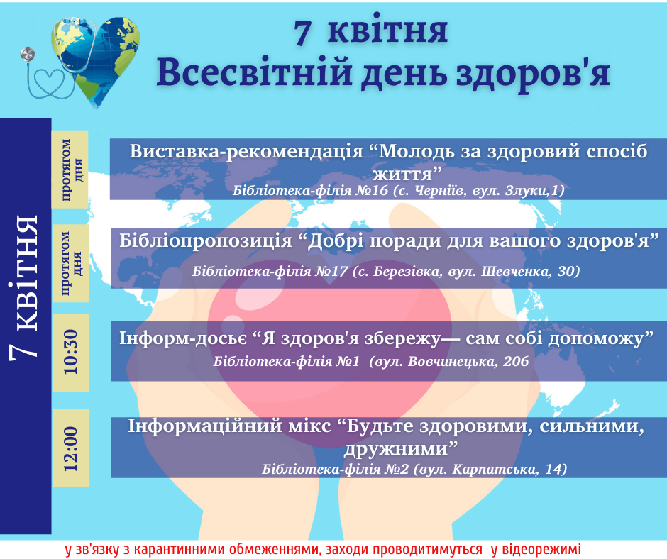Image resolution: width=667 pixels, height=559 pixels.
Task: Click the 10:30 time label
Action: [x=71, y=352]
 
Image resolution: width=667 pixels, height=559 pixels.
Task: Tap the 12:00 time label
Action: [x=71, y=448]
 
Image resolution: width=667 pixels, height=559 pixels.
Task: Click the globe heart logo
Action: [x=96, y=62]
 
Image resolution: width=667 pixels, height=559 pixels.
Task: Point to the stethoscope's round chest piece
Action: [x=28, y=54]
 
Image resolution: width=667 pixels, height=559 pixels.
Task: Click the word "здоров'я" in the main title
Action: [x=534, y=73]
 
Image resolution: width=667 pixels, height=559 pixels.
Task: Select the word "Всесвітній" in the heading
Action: [x=254, y=72]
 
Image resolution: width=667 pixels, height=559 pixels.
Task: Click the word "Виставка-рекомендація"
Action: [x=246, y=151]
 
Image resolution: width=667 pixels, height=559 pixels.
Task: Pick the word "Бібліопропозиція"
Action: [x=206, y=241]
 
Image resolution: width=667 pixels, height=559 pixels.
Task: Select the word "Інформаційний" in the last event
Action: [x=204, y=426]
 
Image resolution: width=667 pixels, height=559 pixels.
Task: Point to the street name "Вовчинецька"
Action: [x=452, y=361]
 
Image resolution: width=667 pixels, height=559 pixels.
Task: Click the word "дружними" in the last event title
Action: [x=401, y=449]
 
